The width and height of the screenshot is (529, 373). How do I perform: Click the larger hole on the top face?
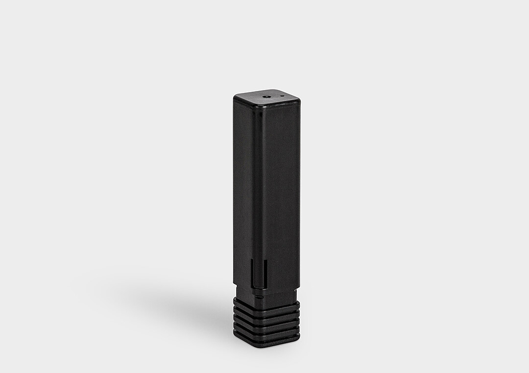(266, 96)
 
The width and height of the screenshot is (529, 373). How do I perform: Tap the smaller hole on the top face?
(282, 96)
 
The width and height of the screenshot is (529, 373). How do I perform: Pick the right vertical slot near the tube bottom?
(265, 274)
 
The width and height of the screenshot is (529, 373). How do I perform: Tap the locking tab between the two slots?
(259, 274)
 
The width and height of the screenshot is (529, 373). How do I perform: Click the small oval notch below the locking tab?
(260, 296)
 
